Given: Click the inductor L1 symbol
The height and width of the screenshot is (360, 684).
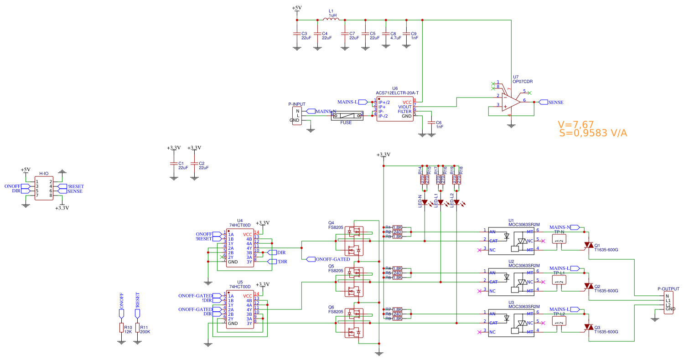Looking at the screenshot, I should point(330,20).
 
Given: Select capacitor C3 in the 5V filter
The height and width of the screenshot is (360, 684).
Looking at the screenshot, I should point(296,34).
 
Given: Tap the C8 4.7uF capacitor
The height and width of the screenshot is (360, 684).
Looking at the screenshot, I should point(386,34).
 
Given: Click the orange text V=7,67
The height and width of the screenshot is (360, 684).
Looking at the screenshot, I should point(575,124).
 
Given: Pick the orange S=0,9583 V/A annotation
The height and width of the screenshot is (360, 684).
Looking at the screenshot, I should point(593,133).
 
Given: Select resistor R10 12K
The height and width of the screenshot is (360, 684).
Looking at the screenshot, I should point(121,328).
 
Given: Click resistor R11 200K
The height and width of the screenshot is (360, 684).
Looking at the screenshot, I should point(137,328).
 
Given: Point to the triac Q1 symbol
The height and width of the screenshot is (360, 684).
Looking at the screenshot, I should point(588,246).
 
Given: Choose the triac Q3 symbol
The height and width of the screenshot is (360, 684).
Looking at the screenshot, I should point(588,328).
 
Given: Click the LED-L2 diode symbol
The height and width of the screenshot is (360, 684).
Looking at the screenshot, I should point(456,202).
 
